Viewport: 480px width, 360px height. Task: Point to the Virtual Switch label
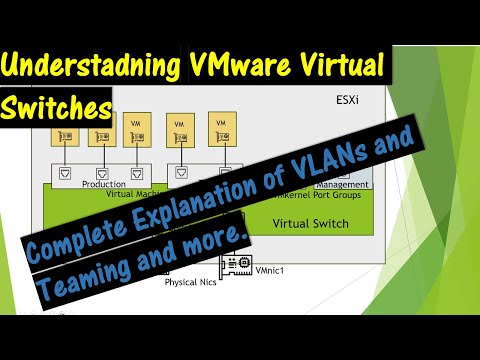pos(311,223)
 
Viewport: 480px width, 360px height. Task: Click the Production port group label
pos(104,184)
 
